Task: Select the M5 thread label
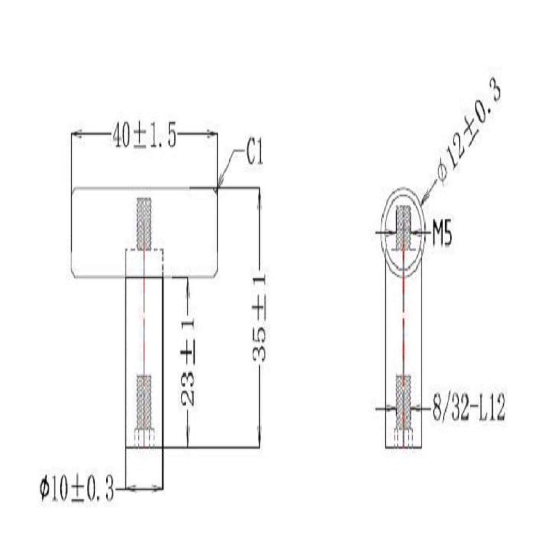pos(442,235)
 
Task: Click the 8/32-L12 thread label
pos(468,409)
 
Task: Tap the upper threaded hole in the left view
pos(144,223)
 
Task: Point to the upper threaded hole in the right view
pos(403,228)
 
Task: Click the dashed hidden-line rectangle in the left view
pos(144,262)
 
